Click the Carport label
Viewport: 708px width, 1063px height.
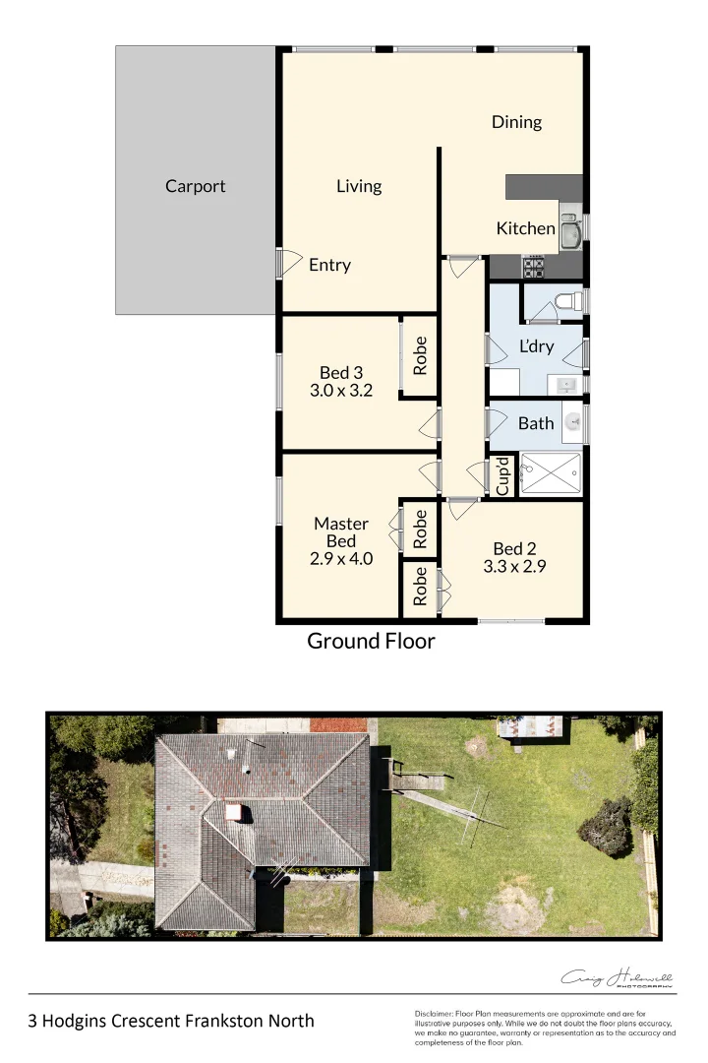[195, 186]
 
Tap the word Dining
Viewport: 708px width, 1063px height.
[516, 122]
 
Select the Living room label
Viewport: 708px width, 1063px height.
[358, 186]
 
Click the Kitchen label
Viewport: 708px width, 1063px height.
[525, 228]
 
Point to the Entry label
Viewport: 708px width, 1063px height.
[329, 265]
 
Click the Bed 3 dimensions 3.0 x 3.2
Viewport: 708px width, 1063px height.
[341, 390]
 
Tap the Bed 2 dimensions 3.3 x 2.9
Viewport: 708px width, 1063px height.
[514, 566]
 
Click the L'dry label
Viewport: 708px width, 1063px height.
[536, 346]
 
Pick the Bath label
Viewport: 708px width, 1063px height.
[536, 423]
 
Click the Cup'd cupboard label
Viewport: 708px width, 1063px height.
[502, 476]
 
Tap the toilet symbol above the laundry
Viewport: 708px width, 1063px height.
[567, 300]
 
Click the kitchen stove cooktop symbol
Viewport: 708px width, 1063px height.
[533, 266]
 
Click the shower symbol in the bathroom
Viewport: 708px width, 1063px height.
[550, 473]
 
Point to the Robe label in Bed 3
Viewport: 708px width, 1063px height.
[420, 356]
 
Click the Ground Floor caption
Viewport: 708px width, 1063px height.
[371, 642]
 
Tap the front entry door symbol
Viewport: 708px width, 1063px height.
[286, 262]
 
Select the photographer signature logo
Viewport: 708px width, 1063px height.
[617, 978]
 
